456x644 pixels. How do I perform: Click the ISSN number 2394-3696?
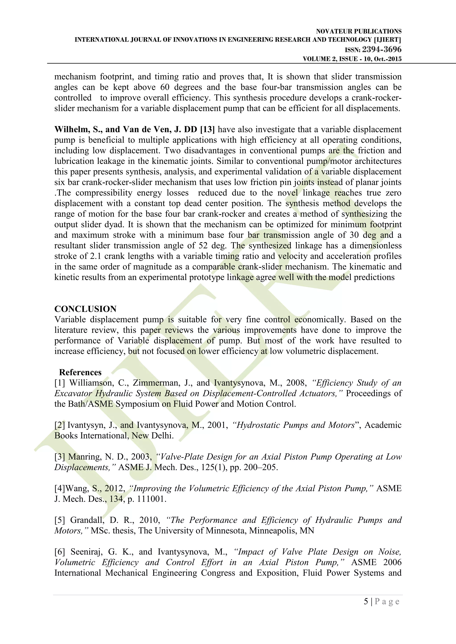[x=382, y=50]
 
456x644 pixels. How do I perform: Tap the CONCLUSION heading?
[x=85, y=309]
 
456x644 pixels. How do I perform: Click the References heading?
[x=80, y=372]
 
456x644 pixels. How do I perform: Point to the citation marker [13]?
[x=208, y=130]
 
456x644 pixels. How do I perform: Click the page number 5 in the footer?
[x=366, y=601]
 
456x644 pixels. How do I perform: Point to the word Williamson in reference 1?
[x=92, y=383]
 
